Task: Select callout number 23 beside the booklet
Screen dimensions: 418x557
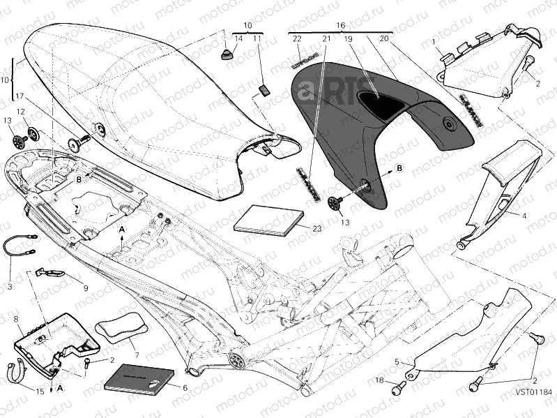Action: click(316, 229)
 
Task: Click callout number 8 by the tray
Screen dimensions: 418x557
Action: click(15, 319)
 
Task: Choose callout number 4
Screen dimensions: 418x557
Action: click(524, 216)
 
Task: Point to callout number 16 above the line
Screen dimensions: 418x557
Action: click(341, 24)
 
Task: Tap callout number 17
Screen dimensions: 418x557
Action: click(20, 96)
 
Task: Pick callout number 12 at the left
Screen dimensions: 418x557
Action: click(20, 112)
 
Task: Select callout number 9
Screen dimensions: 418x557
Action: click(85, 288)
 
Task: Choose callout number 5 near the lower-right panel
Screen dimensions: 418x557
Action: click(398, 361)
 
